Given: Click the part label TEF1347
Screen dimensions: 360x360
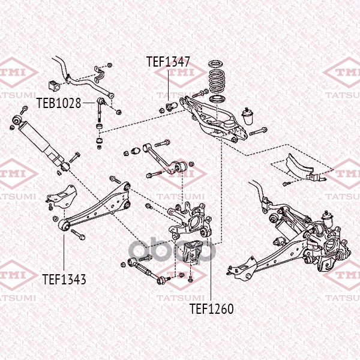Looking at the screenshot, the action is [x=168, y=62].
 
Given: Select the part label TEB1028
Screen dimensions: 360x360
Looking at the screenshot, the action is [x=59, y=103].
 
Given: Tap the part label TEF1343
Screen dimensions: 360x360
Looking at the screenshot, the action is [x=64, y=279].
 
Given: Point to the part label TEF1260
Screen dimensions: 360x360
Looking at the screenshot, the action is [x=211, y=309].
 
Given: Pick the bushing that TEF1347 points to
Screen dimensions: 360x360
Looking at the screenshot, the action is [x=171, y=106].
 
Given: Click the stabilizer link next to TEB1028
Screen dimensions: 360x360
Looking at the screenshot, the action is [x=100, y=110].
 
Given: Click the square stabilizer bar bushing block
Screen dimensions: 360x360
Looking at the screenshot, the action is [x=54, y=85].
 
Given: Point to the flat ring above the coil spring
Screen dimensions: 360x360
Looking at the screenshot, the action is [x=217, y=64].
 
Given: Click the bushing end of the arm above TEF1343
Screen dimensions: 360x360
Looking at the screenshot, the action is [x=64, y=226].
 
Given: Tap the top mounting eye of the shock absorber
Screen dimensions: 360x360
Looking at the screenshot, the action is [x=17, y=119].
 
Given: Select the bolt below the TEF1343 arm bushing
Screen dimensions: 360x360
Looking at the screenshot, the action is [x=78, y=235].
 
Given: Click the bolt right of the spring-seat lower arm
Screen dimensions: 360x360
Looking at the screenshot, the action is [x=258, y=131].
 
